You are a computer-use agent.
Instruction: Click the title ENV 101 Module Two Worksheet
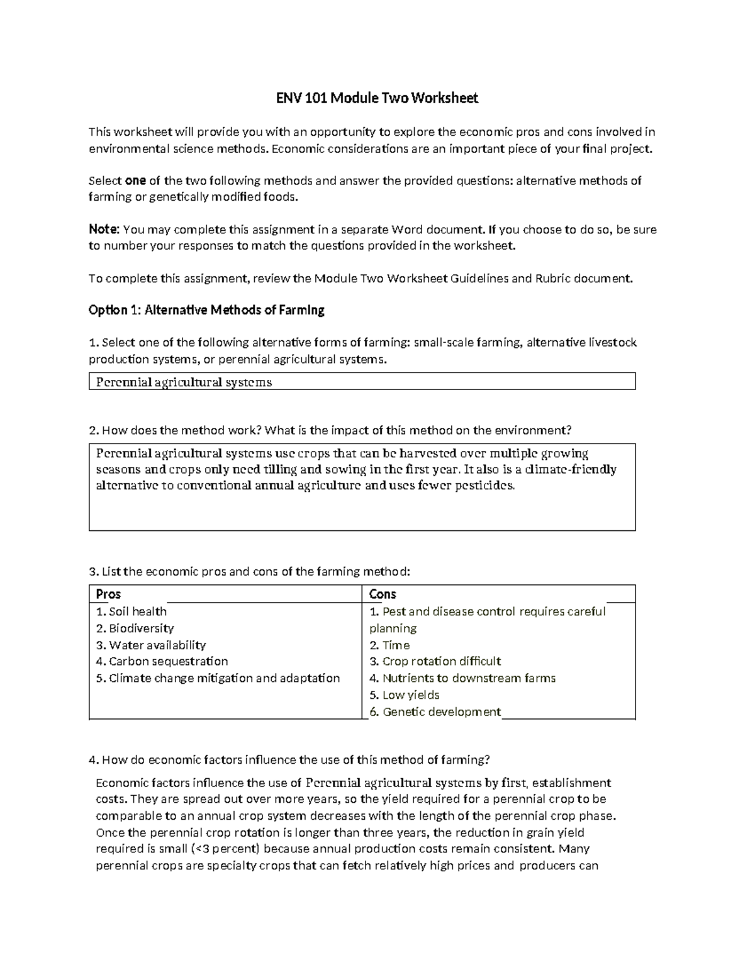(x=377, y=98)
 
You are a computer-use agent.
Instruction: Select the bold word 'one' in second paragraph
(x=135, y=181)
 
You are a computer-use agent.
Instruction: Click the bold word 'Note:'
(x=103, y=230)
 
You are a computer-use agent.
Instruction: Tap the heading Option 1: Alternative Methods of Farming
(x=206, y=310)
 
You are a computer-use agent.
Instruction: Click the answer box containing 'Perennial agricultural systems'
(x=362, y=382)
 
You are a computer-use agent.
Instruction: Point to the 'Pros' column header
(x=108, y=595)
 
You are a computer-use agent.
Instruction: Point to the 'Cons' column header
(x=383, y=595)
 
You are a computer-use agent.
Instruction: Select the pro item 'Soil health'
(x=131, y=611)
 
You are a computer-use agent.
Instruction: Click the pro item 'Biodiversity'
(x=135, y=628)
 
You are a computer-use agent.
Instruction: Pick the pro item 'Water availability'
(x=150, y=645)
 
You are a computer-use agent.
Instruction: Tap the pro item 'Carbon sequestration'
(x=162, y=661)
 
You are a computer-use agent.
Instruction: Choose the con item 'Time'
(x=389, y=645)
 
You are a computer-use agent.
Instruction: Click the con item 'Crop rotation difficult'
(x=435, y=661)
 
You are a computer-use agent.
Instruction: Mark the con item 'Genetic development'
(x=435, y=712)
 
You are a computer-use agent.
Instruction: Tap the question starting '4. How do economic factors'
(x=289, y=760)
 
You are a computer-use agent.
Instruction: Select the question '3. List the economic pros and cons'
(x=249, y=572)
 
